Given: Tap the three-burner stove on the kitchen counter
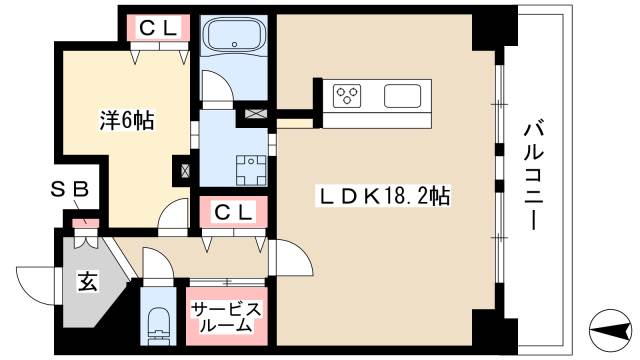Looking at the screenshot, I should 348,96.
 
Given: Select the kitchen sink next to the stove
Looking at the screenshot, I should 404,96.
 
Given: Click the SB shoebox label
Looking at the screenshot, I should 71,188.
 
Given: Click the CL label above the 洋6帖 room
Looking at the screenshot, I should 159,29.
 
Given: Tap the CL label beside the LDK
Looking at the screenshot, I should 233,211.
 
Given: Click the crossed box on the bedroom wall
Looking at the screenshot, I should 185,169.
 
